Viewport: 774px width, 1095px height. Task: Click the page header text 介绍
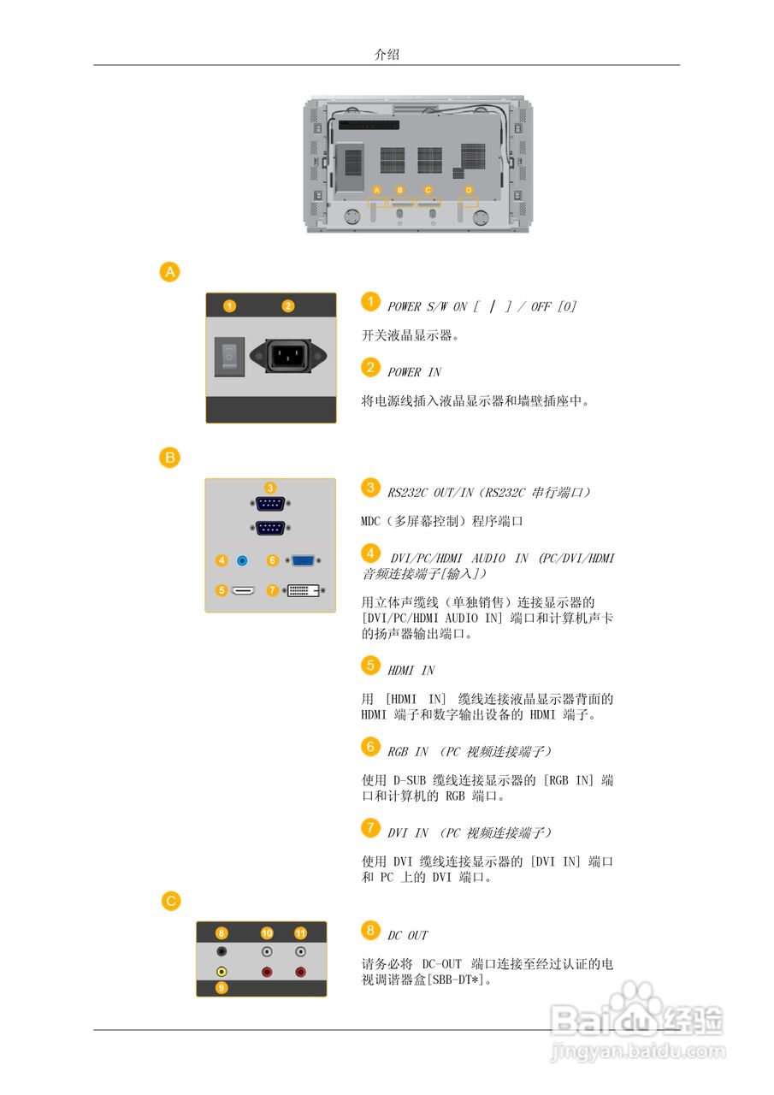tap(387, 54)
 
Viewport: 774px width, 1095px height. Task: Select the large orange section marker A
tap(171, 272)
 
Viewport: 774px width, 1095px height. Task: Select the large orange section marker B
tap(171, 458)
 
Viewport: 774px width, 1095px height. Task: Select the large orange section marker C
tap(171, 900)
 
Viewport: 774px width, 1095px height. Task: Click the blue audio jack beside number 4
tap(242, 560)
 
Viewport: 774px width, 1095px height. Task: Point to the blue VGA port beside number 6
tap(303, 560)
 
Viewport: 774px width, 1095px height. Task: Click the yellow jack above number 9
tap(222, 972)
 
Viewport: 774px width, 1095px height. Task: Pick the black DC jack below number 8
tap(222, 951)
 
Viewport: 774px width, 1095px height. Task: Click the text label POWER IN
tap(414, 372)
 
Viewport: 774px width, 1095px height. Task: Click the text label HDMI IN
tap(411, 671)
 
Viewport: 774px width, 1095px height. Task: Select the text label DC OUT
tap(407, 935)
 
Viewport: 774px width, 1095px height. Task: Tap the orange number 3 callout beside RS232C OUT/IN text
tap(369, 488)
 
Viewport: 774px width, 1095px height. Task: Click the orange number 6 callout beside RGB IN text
tap(369, 747)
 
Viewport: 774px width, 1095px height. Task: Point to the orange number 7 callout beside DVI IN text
tap(369, 827)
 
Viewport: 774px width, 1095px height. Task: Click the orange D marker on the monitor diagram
tap(469, 189)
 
